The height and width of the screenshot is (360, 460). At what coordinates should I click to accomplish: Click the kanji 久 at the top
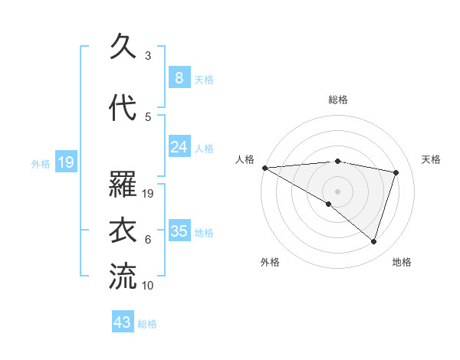click(x=123, y=48)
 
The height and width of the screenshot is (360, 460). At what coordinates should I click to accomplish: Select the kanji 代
click(x=123, y=109)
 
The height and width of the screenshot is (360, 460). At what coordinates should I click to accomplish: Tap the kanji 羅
click(x=123, y=186)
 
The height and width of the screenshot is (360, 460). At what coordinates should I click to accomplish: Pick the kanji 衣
click(x=123, y=231)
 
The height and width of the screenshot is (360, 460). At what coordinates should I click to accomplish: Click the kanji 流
click(x=123, y=277)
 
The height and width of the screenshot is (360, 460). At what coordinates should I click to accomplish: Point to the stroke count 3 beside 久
click(x=147, y=56)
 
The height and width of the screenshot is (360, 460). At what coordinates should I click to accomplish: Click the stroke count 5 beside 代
click(x=147, y=116)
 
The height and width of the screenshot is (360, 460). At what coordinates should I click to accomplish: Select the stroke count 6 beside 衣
click(x=147, y=240)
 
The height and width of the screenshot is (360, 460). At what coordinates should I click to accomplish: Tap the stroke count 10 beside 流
click(x=148, y=285)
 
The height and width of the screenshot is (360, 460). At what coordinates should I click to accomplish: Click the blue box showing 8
click(x=179, y=77)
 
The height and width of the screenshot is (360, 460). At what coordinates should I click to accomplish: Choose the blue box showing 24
click(x=179, y=147)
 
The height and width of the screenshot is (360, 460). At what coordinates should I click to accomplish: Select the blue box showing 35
click(x=179, y=231)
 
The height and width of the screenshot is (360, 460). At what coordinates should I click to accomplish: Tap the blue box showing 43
click(x=123, y=322)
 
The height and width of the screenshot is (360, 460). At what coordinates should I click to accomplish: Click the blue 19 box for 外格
click(x=65, y=162)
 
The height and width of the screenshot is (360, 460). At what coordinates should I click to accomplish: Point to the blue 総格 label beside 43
click(x=147, y=324)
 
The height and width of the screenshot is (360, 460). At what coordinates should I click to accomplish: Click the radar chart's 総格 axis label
click(x=337, y=100)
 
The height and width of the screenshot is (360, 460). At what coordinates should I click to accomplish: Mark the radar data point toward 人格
click(x=264, y=168)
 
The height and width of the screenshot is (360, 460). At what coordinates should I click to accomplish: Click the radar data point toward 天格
click(x=396, y=172)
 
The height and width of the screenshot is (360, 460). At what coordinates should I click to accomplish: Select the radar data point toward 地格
click(x=373, y=241)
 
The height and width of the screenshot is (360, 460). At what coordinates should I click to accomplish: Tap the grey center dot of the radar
click(x=337, y=190)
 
